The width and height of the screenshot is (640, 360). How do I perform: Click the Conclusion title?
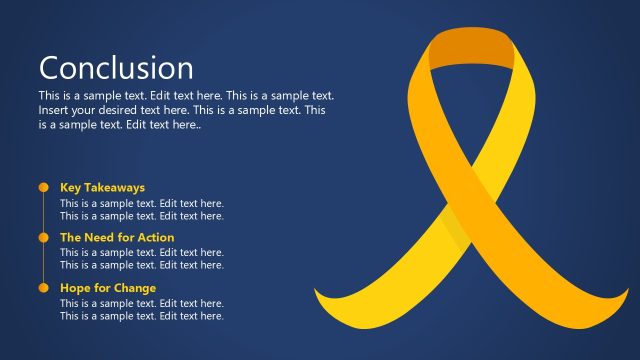click(x=116, y=68)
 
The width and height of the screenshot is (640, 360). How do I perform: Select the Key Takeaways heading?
click(x=102, y=187)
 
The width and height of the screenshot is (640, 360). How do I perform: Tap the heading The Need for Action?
click(x=117, y=238)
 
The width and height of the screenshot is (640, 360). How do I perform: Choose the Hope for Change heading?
click(x=108, y=288)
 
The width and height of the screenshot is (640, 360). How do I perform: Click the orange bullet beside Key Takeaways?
click(x=43, y=187)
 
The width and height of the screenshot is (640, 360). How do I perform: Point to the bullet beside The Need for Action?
click(x=43, y=238)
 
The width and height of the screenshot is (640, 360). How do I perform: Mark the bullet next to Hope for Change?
click(x=43, y=288)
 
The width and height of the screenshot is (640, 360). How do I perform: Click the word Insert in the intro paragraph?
click(x=55, y=110)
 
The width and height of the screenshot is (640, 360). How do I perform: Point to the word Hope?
click(x=76, y=288)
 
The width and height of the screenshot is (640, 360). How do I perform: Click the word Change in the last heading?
click(x=135, y=288)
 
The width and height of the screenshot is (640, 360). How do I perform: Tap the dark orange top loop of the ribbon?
click(x=470, y=46)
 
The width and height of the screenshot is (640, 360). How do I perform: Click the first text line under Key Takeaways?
click(x=141, y=203)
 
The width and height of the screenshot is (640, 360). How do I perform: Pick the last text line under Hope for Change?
click(x=141, y=316)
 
